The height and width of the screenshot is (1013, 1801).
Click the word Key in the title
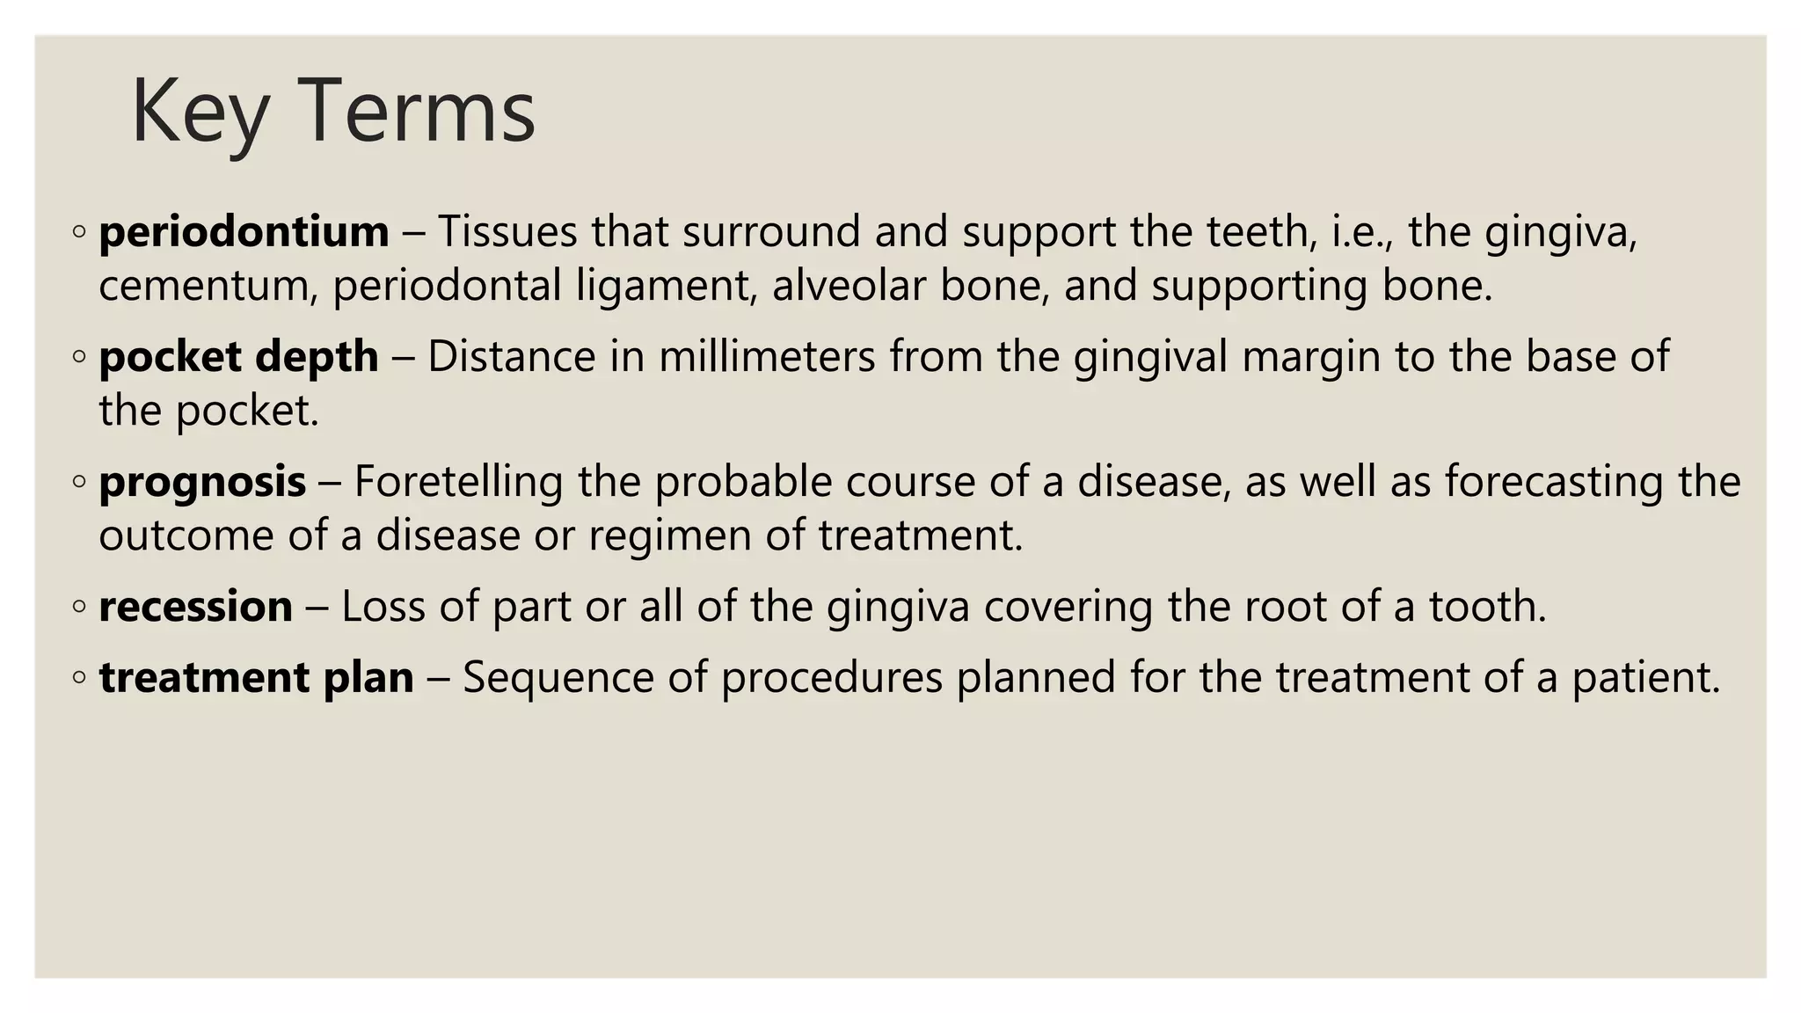(199, 112)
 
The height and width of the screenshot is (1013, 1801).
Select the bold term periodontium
(244, 232)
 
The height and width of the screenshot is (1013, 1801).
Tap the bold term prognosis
(202, 482)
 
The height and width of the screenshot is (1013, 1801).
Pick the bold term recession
(195, 607)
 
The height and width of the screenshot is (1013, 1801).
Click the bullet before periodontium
(79, 232)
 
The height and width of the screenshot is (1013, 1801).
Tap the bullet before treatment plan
(79, 678)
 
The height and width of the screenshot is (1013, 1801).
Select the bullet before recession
(79, 607)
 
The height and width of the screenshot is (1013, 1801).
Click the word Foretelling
(457, 482)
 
